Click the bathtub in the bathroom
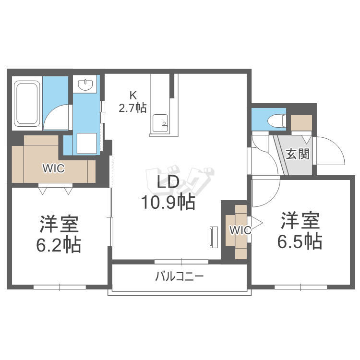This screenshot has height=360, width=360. tap(26, 103)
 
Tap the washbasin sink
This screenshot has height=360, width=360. tap(85, 84)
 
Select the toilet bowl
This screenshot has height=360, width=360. tap(277, 121)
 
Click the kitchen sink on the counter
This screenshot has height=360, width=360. tap(160, 123)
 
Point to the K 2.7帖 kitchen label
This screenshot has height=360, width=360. tap(132, 102)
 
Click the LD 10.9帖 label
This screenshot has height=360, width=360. tap(168, 192)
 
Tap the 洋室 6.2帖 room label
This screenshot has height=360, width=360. tap(59, 234)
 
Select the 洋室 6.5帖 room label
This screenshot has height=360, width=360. tap(300, 231)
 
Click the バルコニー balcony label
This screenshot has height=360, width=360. tap(180, 276)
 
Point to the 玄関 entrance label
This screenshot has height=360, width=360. tap(298, 154)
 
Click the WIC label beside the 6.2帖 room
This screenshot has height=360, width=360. tap(53, 168)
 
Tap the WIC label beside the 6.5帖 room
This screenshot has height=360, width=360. tap(240, 230)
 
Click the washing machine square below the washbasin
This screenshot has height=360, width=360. tap(86, 143)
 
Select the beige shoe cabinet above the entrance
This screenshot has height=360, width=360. tap(301, 123)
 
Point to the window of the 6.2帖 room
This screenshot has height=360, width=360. tap(60, 287)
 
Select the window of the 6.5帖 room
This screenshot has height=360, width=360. tap(301, 287)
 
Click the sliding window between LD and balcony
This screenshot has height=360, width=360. tap(181, 262)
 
